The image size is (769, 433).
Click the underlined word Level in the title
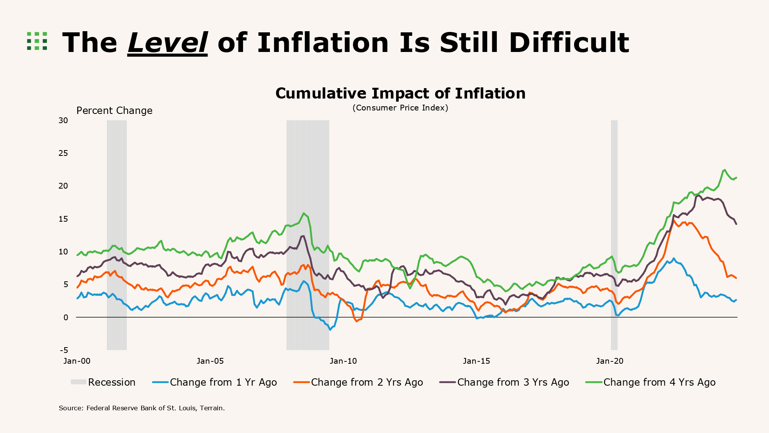point(167,43)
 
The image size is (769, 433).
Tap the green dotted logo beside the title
point(37,41)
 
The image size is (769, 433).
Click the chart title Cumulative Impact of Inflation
point(400,94)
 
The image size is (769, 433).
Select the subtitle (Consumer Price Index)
point(400,108)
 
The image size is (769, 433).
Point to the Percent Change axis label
point(114,111)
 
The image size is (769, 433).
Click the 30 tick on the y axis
point(63,120)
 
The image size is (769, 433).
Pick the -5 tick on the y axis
point(64,350)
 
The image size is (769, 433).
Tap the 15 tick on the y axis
point(63,219)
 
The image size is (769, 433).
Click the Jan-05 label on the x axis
point(210,361)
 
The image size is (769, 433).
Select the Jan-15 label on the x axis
point(476,361)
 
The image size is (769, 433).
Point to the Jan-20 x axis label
point(610,361)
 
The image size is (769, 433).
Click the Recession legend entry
point(103,382)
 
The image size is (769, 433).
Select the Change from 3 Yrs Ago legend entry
point(504,382)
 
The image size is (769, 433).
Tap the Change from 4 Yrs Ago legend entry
point(650,382)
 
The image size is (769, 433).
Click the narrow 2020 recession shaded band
point(614,235)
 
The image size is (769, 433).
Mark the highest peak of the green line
point(724,170)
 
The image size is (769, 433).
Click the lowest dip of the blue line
point(330,330)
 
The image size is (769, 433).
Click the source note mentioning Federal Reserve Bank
point(141,408)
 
